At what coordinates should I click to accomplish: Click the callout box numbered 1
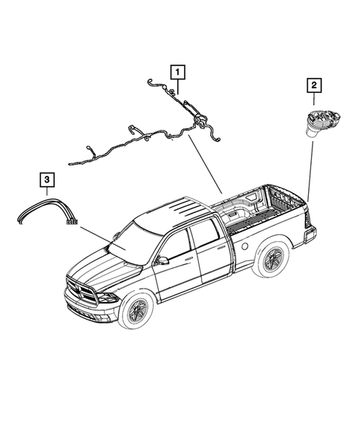coord(177,73)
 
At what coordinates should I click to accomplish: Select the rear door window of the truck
coord(206,234)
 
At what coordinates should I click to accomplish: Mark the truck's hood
coord(104,268)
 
